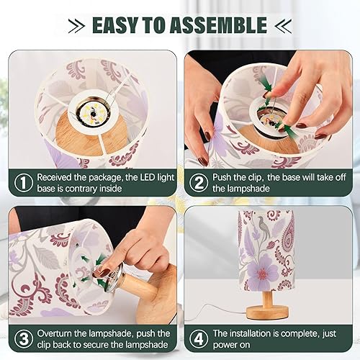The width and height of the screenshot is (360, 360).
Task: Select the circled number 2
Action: [197, 182]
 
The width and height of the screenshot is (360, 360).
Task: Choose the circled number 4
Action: [197, 339]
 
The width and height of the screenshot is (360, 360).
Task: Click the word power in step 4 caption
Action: [225, 346]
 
